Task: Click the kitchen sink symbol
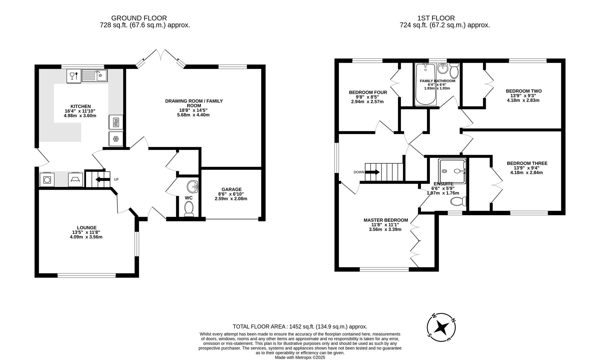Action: point(95,75)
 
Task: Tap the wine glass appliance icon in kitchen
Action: point(74,76)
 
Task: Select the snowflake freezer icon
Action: point(116,138)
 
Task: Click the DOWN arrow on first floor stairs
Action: point(372,172)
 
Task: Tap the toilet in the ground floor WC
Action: point(189,209)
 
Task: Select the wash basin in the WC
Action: point(192,187)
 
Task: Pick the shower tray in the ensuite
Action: point(451,171)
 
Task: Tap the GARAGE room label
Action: point(231,189)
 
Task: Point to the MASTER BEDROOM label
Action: point(386,220)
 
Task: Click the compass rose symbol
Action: point(442,327)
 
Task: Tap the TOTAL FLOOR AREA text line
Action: point(299,327)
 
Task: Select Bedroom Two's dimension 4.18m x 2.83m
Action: point(523,100)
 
